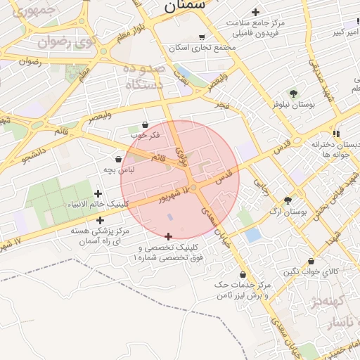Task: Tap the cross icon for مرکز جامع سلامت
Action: coord(255,12)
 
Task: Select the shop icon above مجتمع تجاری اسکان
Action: coord(202,37)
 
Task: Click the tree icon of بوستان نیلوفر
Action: coord(293,93)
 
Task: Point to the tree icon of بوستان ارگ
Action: coord(288,200)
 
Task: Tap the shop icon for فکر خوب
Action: coord(146,124)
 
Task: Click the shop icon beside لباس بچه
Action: coord(118,160)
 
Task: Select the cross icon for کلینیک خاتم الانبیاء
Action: coord(98,193)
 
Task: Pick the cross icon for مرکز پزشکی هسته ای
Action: coord(101,220)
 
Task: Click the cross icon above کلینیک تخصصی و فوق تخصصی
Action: coord(167,237)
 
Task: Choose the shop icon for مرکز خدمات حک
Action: coord(243,275)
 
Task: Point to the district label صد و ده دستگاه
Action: coord(144,77)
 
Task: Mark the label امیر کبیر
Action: coord(347,32)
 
